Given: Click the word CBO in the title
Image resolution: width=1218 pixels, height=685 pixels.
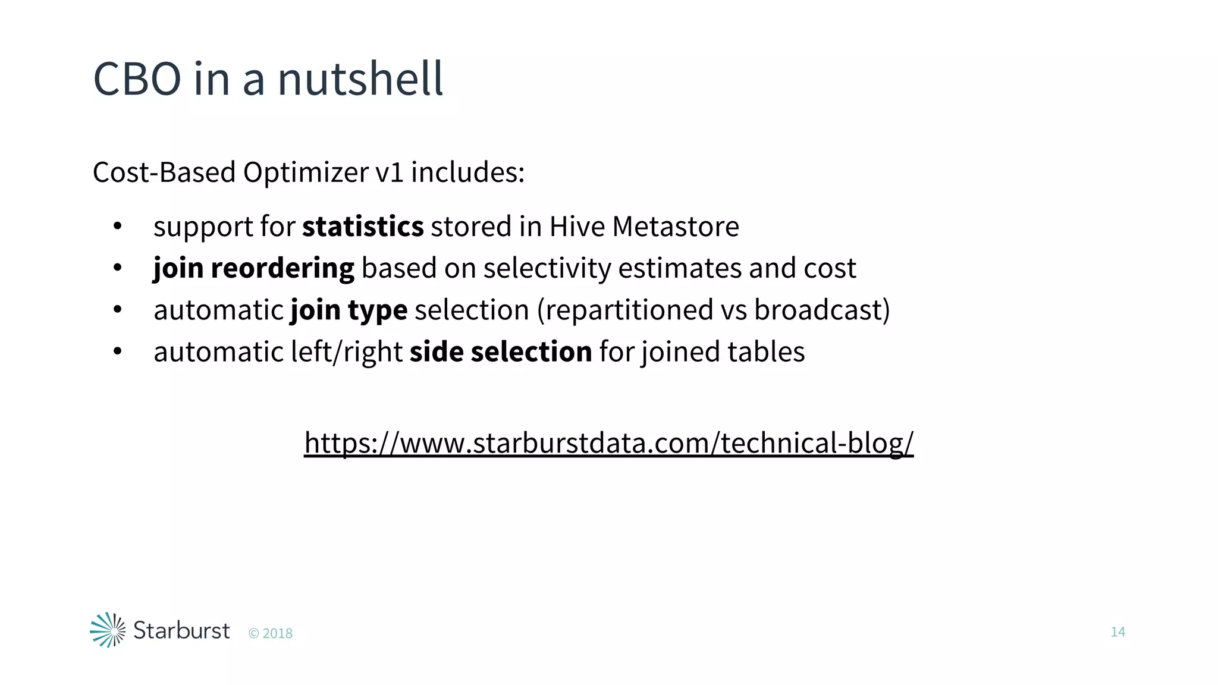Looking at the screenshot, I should (137, 79).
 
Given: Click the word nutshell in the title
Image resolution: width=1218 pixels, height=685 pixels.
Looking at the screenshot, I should (360, 79).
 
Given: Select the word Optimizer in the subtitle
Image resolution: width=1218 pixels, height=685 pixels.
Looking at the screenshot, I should (306, 172).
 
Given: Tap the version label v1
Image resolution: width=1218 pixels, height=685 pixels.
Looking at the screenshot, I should (390, 172).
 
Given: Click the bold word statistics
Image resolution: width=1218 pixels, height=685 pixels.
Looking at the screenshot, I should (363, 227).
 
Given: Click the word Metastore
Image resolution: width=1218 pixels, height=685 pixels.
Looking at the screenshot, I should (676, 227).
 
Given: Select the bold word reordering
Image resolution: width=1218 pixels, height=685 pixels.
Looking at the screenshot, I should (282, 269).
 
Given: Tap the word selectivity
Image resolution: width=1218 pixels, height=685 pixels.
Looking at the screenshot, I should (547, 269).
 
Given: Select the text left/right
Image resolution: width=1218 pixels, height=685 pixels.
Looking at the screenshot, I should (347, 352).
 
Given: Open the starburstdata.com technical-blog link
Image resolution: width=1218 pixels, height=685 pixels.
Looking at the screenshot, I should (608, 443).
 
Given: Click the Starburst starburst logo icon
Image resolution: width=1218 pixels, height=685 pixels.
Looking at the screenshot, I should (108, 630).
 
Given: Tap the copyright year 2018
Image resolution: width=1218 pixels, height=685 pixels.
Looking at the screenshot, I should (277, 634).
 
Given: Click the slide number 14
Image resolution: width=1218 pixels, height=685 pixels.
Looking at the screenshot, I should (1117, 632).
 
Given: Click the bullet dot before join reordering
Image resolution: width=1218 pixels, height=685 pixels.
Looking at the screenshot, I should (117, 268).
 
